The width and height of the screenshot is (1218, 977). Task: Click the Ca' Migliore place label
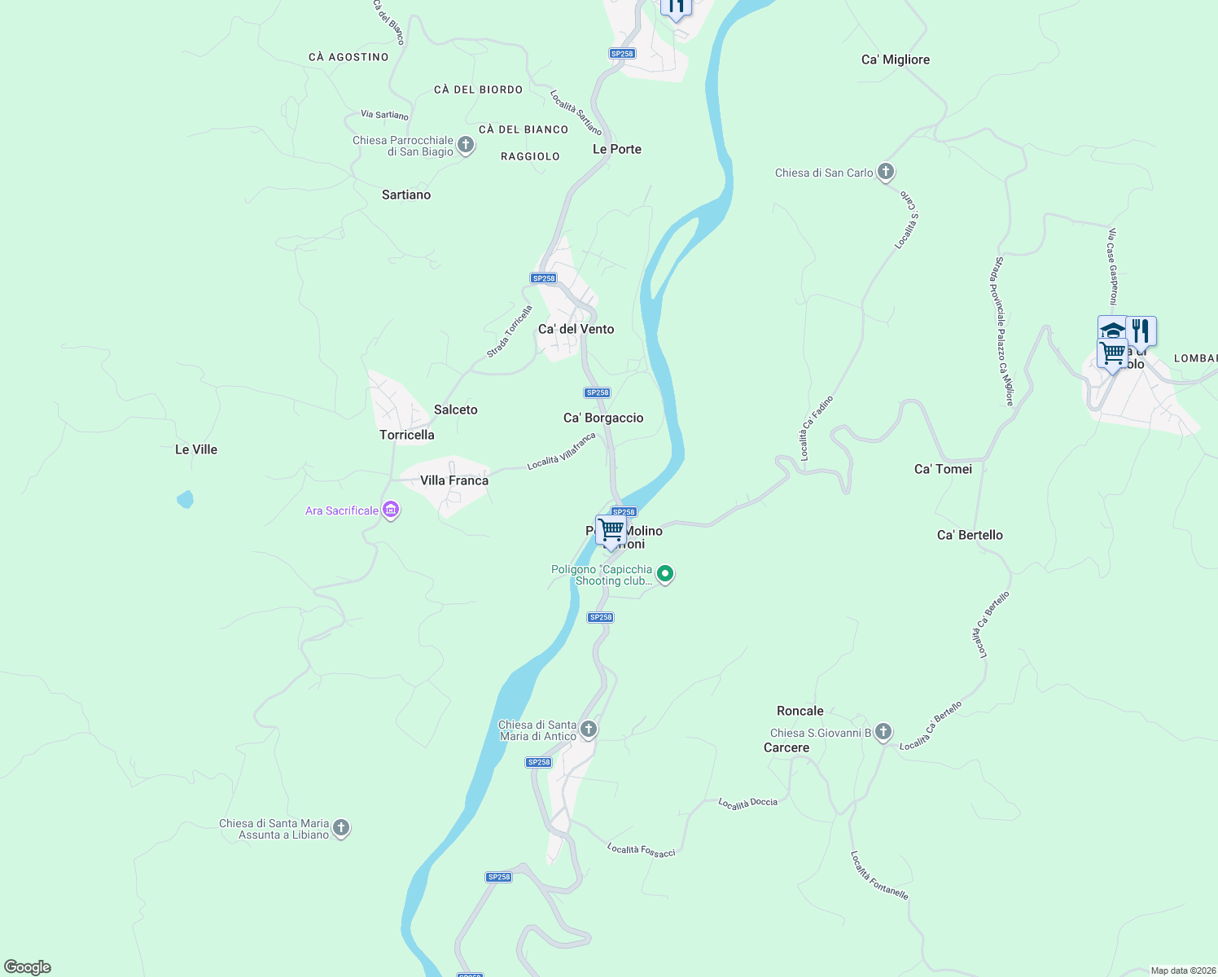[x=895, y=59]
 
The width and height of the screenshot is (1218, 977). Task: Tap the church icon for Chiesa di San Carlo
[x=886, y=172]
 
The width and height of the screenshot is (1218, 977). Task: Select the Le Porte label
[x=616, y=149]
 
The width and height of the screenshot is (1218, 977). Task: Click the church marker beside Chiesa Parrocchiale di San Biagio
[x=466, y=145]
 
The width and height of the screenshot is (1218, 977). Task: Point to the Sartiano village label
[x=405, y=195]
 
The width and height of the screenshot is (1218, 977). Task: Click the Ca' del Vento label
[x=576, y=329]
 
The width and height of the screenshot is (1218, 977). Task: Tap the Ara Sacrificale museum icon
[x=391, y=510]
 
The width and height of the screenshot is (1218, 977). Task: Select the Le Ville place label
[x=196, y=449]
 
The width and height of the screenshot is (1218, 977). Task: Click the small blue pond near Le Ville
[x=186, y=499]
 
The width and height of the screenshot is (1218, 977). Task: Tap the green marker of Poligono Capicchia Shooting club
[x=665, y=574]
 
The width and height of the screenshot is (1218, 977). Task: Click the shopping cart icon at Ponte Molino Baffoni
[x=611, y=530]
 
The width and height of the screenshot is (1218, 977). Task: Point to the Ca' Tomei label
[x=943, y=469]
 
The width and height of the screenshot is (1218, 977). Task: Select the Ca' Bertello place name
[x=970, y=535]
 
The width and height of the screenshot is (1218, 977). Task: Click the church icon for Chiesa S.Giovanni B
[x=883, y=732]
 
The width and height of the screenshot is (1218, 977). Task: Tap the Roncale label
[x=800, y=711]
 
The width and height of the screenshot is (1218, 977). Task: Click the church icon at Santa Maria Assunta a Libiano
[x=341, y=828]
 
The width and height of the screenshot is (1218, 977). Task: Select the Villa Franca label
[x=453, y=480]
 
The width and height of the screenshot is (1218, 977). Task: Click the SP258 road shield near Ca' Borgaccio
[x=598, y=392]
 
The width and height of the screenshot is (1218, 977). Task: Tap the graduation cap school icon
[x=1111, y=330]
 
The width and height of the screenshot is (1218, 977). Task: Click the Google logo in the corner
[x=28, y=966]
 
